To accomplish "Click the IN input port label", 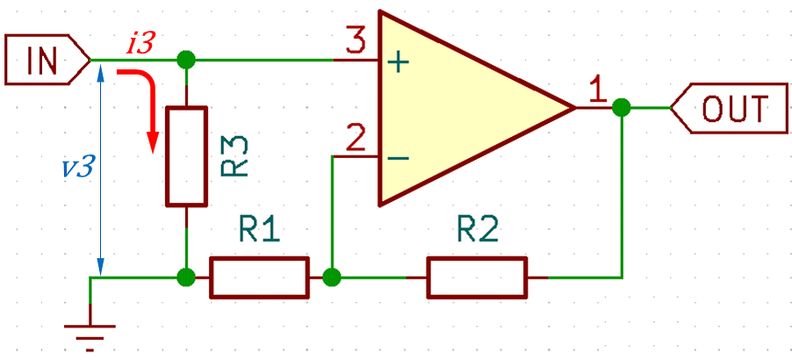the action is tap(48, 59).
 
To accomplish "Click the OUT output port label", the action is tap(729, 108).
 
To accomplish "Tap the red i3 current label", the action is tap(140, 45).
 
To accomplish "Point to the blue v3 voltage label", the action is tap(76, 167).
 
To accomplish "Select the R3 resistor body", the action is tap(187, 156).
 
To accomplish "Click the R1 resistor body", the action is tap(259, 277).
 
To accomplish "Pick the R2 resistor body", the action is tap(478, 277).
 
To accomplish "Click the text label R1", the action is tap(259, 231).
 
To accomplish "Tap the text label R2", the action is tap(478, 231).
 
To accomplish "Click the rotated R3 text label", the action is tap(234, 155).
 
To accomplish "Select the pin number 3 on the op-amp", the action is tap(357, 42).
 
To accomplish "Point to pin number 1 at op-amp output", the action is tap(598, 91).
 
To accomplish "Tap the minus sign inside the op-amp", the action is tap(399, 158).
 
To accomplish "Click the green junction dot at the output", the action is tap(622, 107).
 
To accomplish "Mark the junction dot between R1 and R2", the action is tap(332, 277).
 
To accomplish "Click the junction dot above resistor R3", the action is tap(186, 60).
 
